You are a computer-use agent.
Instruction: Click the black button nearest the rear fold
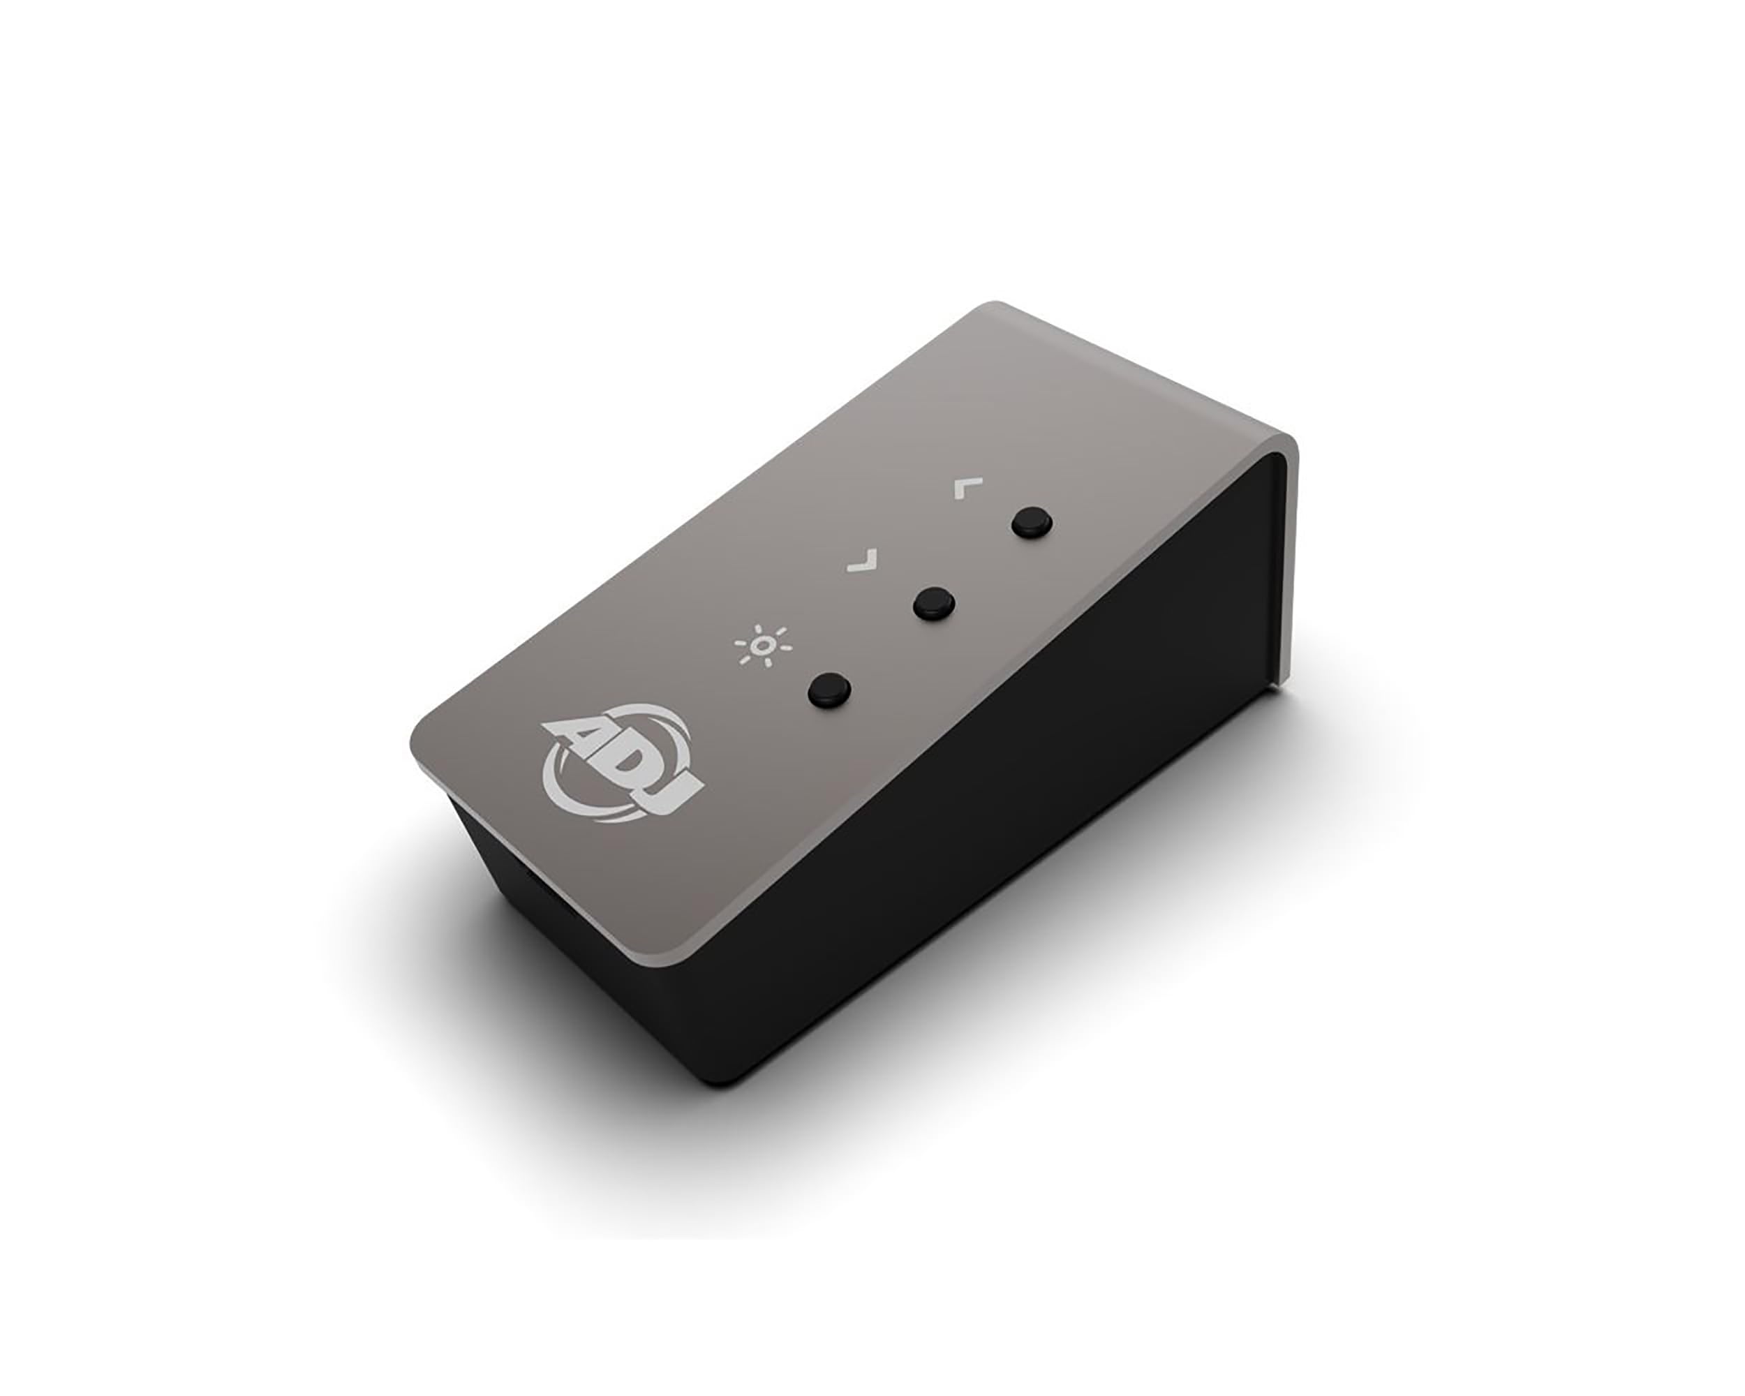[1032, 522]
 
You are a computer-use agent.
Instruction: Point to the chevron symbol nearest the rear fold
[967, 487]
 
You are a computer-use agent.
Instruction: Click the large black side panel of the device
[1011, 809]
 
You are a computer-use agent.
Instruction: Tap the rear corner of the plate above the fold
[991, 308]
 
